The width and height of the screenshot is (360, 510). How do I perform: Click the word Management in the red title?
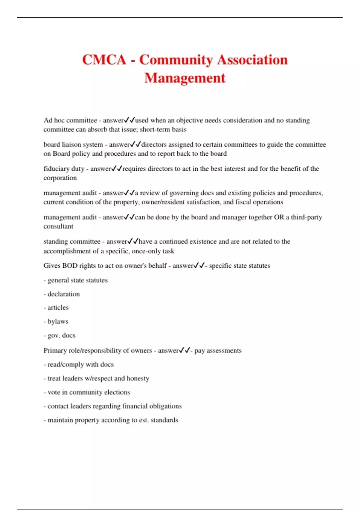(x=184, y=78)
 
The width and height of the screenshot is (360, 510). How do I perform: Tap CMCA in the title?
(x=104, y=60)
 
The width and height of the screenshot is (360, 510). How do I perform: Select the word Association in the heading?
(x=252, y=60)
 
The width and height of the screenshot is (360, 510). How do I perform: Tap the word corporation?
(x=60, y=178)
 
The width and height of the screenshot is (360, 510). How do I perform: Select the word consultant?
(x=58, y=226)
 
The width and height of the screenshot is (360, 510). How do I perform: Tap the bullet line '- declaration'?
(x=62, y=294)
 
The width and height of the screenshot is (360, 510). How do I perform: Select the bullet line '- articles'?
(x=56, y=307)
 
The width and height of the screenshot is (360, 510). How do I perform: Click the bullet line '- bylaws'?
(x=56, y=321)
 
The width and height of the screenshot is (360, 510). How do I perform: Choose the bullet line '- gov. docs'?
(x=59, y=335)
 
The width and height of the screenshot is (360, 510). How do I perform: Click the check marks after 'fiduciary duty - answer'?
(x=117, y=169)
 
